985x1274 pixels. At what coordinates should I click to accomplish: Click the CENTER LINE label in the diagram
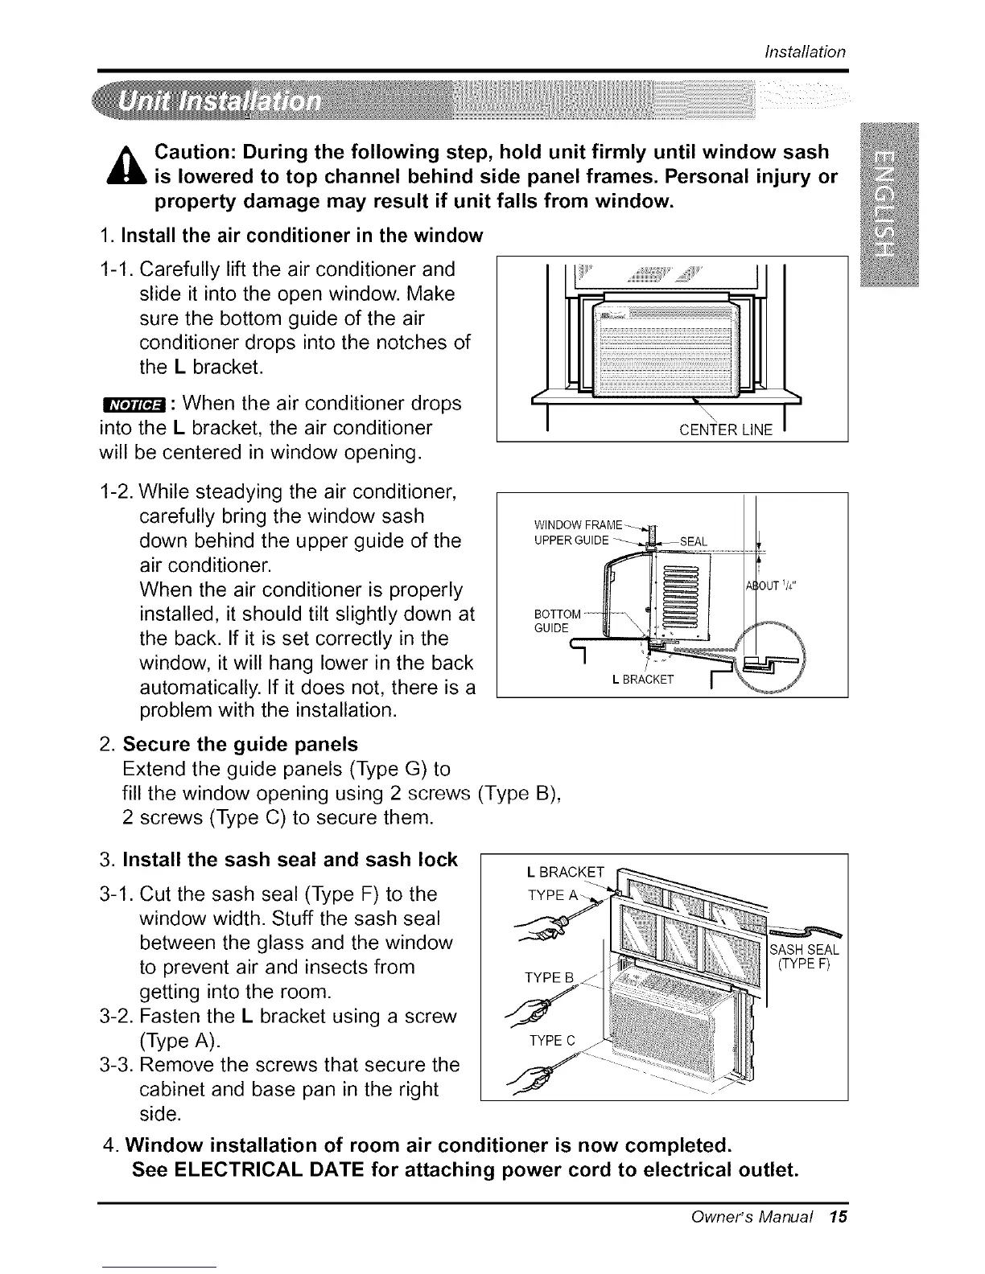pyautogui.click(x=725, y=429)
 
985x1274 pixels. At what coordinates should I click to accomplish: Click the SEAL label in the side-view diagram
pyautogui.click(x=693, y=541)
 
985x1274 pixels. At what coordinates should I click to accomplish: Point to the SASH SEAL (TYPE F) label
pyautogui.click(x=806, y=958)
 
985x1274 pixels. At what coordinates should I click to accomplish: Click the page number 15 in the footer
pyautogui.click(x=838, y=1216)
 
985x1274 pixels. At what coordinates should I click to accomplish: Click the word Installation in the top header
pyautogui.click(x=804, y=51)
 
